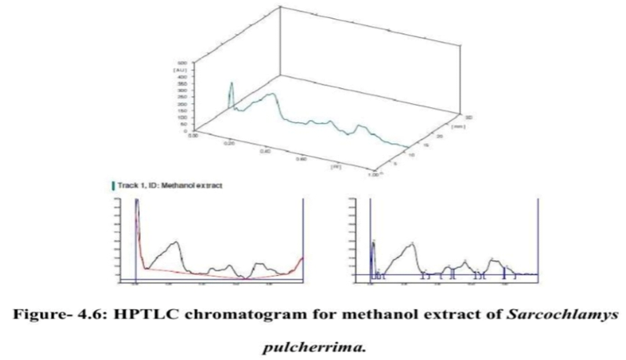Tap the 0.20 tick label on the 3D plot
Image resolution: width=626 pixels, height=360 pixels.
point(230,145)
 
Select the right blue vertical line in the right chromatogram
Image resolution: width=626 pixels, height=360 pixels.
point(536,236)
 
